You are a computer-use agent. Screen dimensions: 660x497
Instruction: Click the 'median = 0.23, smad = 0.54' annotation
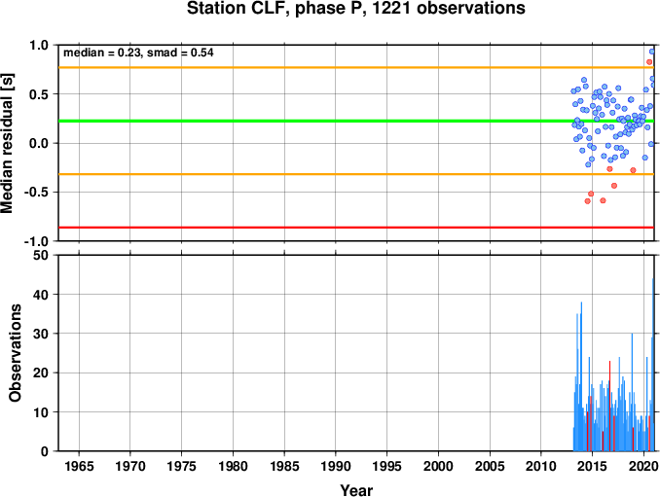click(x=138, y=53)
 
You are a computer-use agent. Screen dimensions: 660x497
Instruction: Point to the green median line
click(x=356, y=122)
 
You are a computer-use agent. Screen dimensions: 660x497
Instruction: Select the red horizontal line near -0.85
click(x=356, y=228)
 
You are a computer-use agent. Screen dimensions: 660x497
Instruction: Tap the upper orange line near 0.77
click(x=356, y=67)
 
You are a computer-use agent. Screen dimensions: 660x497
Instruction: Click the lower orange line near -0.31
click(x=356, y=174)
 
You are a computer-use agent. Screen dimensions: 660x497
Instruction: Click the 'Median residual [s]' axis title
click(x=7, y=143)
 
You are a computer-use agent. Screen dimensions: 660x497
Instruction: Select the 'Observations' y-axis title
click(x=16, y=353)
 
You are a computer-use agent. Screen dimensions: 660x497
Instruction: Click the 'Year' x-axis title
click(x=356, y=490)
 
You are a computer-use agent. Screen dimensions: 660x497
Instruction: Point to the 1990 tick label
click(x=336, y=466)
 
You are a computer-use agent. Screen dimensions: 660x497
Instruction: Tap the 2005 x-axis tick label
click(x=490, y=466)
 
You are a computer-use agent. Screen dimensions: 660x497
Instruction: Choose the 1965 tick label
click(x=79, y=466)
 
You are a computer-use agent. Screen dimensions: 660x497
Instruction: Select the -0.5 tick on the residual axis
click(x=37, y=193)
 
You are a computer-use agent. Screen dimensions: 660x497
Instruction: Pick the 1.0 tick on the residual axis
click(x=39, y=45)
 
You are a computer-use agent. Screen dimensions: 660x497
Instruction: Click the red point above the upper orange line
click(x=649, y=62)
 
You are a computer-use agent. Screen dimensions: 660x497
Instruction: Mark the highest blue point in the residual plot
click(x=652, y=52)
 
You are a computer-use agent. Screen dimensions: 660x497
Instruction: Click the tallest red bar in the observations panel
click(x=609, y=406)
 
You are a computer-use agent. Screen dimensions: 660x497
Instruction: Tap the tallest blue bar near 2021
click(x=653, y=365)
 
